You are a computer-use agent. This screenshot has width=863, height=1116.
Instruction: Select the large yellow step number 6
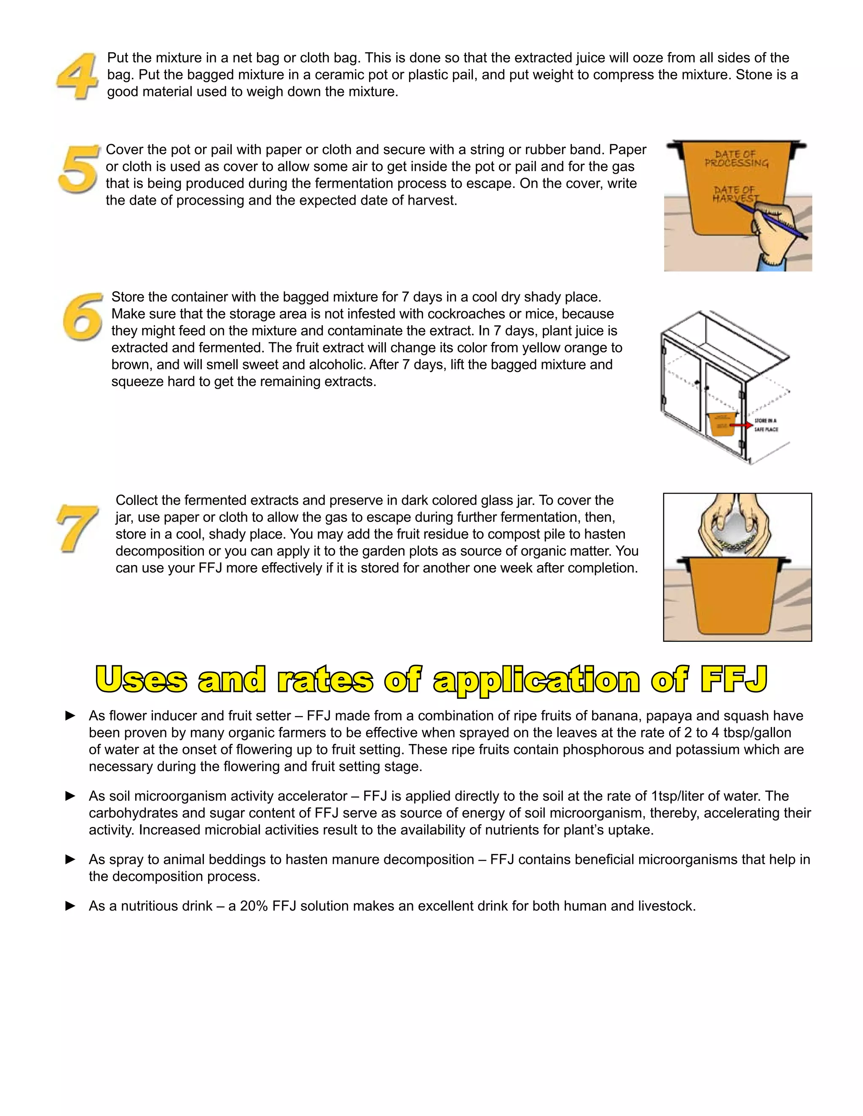(x=82, y=317)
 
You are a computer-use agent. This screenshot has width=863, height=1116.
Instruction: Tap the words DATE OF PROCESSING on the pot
(x=736, y=158)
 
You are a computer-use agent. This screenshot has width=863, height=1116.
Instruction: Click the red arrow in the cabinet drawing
(x=740, y=425)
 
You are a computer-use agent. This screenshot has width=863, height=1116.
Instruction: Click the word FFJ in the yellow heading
(x=734, y=680)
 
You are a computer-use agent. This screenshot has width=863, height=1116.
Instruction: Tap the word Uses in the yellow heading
(x=141, y=680)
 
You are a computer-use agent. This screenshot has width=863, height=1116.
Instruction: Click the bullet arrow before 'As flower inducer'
(x=70, y=716)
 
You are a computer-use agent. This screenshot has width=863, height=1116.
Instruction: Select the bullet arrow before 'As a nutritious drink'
(x=70, y=906)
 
